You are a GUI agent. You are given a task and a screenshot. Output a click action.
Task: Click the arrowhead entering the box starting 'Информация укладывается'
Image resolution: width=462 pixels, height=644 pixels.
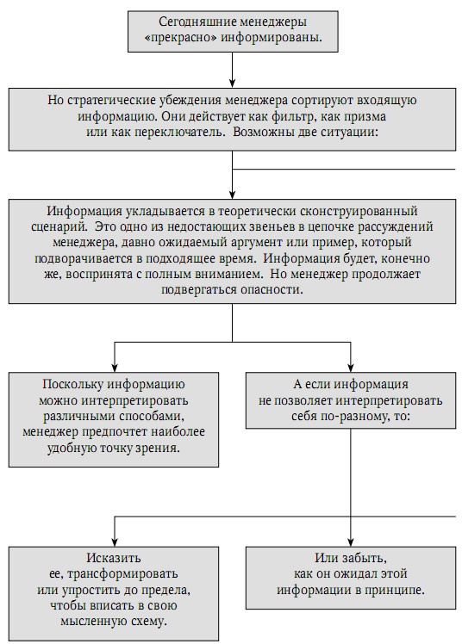232,195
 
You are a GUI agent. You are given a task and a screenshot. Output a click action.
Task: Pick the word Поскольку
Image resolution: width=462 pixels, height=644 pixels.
73,385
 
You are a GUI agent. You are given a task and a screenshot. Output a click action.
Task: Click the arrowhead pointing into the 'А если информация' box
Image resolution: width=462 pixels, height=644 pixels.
351,365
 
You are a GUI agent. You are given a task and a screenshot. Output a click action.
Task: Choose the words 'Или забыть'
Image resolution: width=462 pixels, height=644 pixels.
351,557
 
